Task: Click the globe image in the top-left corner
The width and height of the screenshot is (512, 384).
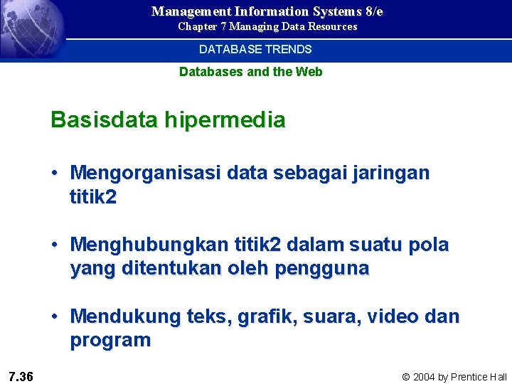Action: pos(32,28)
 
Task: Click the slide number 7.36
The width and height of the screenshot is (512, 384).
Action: pos(21,376)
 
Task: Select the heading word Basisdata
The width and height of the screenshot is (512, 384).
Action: pos(105,119)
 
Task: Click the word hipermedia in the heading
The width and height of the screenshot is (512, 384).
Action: pos(225,119)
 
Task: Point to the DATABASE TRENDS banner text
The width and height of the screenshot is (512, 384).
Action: pos(255,50)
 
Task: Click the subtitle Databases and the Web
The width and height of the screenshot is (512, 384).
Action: pos(250,72)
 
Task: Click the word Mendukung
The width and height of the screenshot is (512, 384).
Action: pos(127,316)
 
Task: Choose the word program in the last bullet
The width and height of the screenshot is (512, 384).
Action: pos(110,341)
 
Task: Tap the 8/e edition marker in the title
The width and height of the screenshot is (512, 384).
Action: pos(370,11)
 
